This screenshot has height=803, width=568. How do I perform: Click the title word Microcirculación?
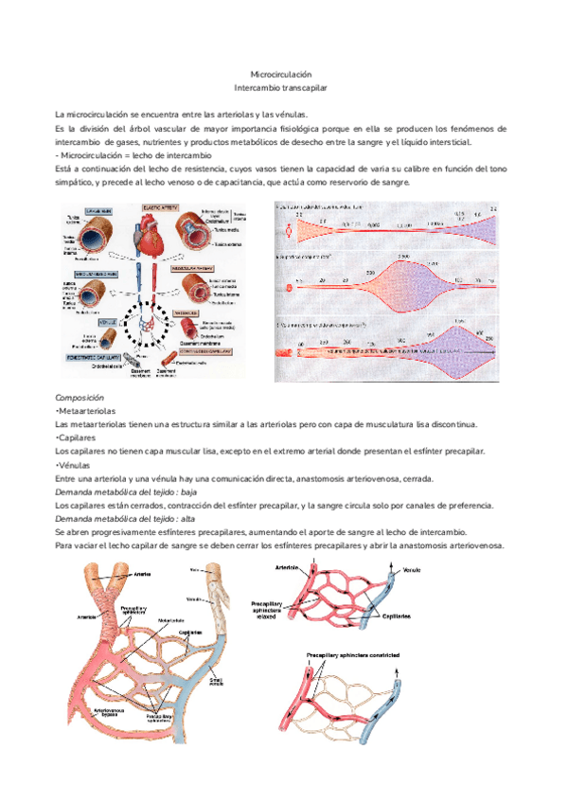280,74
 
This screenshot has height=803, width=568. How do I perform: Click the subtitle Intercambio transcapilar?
280,87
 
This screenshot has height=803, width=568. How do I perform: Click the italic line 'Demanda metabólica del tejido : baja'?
126,491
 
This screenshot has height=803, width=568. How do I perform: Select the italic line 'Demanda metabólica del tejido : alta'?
125,518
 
